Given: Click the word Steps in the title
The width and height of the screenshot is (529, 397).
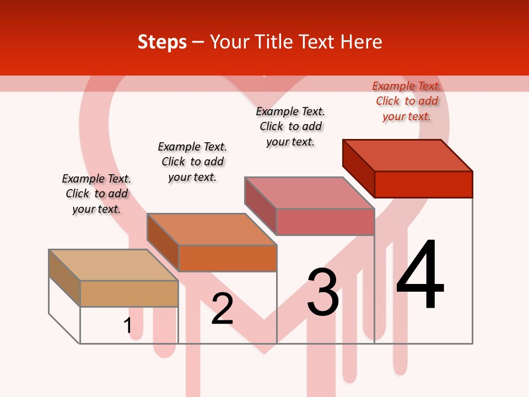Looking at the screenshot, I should coord(162,42).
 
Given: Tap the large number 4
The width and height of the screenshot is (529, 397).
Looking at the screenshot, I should coord(420,275).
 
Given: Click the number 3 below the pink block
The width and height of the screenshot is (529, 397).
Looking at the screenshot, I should coord(322,292).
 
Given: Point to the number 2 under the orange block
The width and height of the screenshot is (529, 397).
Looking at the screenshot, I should coord(222,309).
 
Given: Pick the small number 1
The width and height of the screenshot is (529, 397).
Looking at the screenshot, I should coord(127,326).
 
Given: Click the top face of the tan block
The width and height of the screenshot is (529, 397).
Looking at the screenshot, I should coord(114,265).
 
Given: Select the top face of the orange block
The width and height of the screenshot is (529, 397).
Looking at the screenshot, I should coord(212,229).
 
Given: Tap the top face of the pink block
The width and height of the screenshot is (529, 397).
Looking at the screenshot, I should coord(310,193).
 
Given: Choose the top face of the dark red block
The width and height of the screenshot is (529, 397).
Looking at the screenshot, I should coord(408,155).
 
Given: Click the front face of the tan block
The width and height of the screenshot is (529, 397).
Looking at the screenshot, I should coord(129,293).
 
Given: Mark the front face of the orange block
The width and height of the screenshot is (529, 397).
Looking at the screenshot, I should coord(228,258).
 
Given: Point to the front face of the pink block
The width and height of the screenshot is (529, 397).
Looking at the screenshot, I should coord(326,222).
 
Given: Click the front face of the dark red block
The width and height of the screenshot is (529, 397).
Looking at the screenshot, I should coord(423,184).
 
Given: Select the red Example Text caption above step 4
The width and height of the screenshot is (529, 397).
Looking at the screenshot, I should coord(407,101).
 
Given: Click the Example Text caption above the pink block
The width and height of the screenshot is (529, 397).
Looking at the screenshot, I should coord(290,126).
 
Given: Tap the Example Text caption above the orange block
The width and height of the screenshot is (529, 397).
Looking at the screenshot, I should coord(192,162).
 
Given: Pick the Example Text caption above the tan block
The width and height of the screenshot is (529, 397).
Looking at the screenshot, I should coord(96,194).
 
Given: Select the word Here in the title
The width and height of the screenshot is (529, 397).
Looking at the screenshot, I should coord(361,42).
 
